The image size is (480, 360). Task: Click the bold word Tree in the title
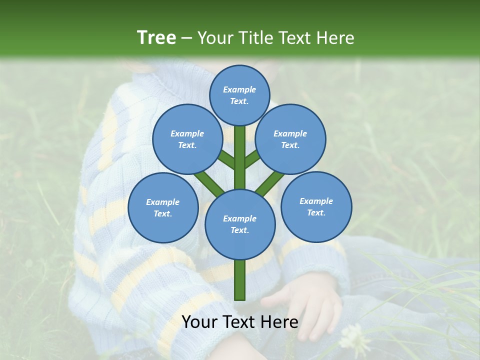pos(156,37)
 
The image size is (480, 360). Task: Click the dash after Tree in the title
pos(186,38)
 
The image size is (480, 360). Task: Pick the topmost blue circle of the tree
pos(239,95)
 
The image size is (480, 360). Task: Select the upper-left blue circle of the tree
pos(187,139)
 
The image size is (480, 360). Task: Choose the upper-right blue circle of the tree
pos(290,139)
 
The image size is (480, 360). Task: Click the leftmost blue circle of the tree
pos(163,207)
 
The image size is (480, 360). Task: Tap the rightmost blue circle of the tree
pos(316,206)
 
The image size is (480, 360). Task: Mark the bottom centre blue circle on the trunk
pos(240,224)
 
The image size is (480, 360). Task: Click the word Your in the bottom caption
pos(199,322)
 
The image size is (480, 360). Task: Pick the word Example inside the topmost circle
pos(239,89)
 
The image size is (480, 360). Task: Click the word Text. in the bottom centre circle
pos(239,230)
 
